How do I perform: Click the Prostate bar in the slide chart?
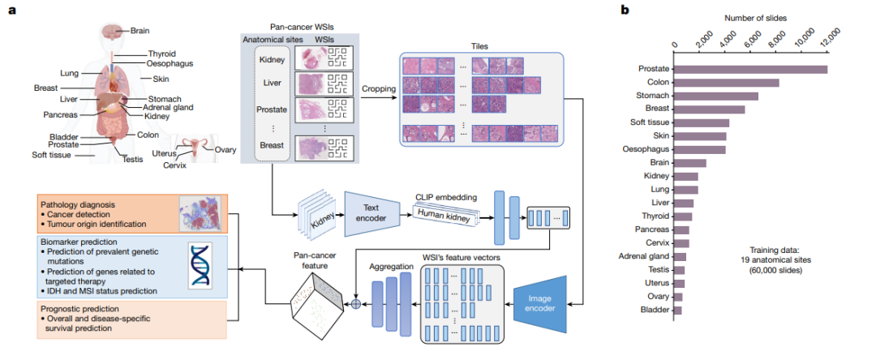750,69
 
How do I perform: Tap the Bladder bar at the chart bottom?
678,310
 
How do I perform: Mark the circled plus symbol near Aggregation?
354,305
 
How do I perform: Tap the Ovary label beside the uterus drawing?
225,149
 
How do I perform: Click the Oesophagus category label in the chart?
646,149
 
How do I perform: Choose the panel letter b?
624,10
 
